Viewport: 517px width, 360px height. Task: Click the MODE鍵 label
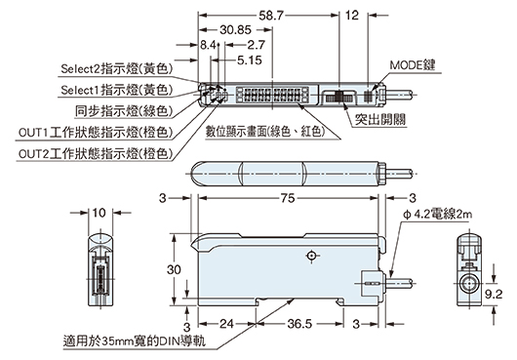(410, 66)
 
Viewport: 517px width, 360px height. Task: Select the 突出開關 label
(380, 119)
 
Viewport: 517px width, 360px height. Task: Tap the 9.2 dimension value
(494, 291)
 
